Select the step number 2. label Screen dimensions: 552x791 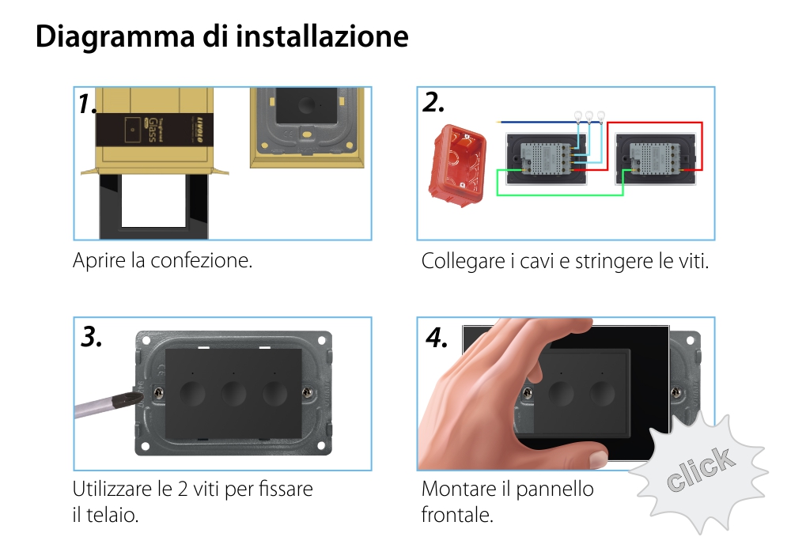click(x=433, y=103)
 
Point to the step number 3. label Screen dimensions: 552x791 click(x=93, y=337)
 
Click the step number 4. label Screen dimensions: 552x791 click(x=437, y=338)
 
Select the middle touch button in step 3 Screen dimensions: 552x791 click(x=233, y=393)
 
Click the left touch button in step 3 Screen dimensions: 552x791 click(x=192, y=393)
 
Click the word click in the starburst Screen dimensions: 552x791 click(x=698, y=468)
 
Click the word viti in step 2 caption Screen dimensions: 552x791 click(x=694, y=261)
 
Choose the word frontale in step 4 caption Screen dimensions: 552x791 click(x=456, y=516)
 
